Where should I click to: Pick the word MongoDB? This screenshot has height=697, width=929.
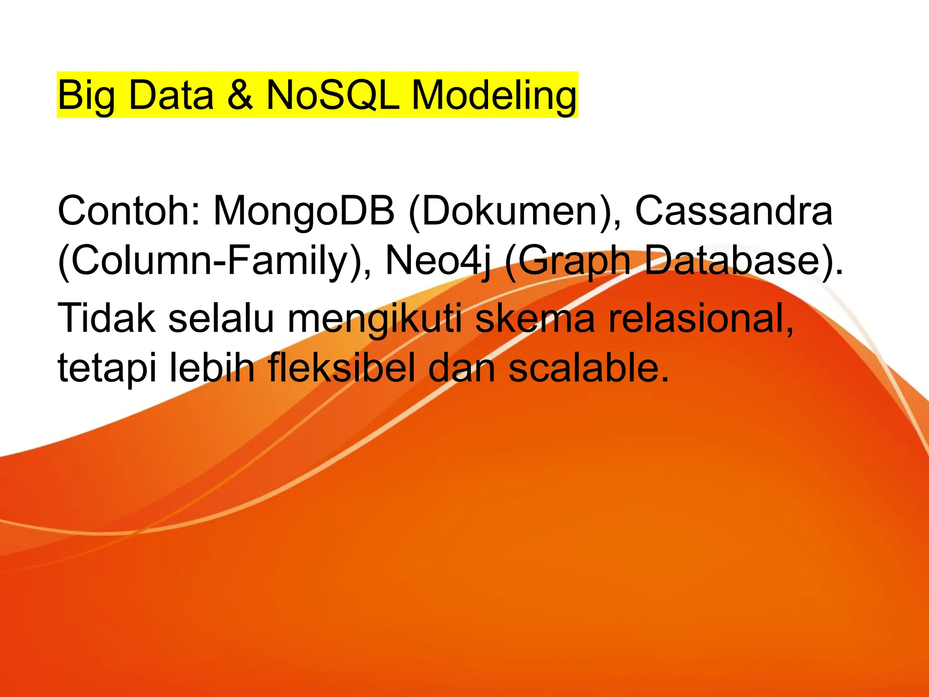[304, 211]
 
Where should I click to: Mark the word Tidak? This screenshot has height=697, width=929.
[107, 318]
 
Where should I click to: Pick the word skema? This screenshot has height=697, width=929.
[535, 318]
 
